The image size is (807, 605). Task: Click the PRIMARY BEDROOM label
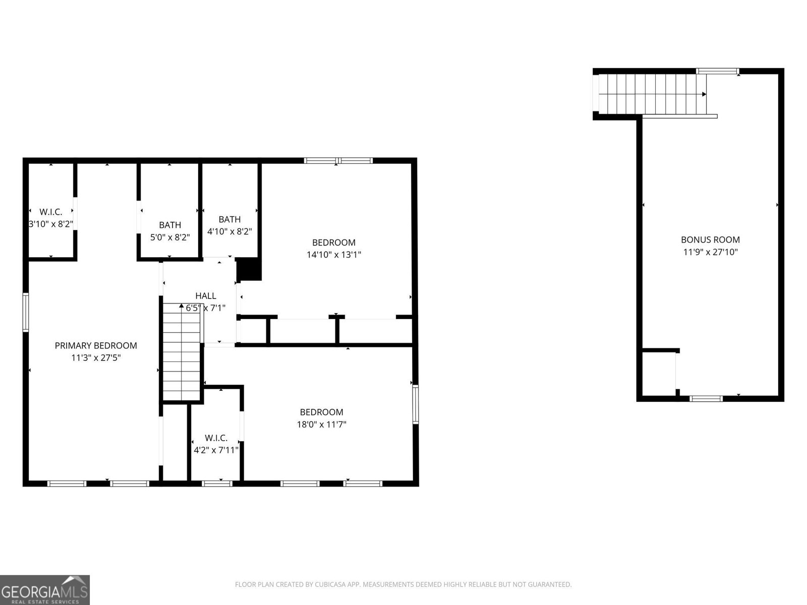96,345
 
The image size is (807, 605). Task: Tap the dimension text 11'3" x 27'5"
96,358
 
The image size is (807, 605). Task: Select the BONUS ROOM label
710,240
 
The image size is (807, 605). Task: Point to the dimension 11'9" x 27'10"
710,252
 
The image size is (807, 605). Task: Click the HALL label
206,296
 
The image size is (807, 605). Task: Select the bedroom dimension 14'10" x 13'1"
334,255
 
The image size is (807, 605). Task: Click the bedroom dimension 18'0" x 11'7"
321,425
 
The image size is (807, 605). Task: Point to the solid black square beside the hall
249,270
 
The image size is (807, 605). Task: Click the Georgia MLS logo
45,589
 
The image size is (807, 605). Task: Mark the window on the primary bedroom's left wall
26,313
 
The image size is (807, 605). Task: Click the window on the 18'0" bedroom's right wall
415,404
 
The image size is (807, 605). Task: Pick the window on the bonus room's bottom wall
706,399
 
